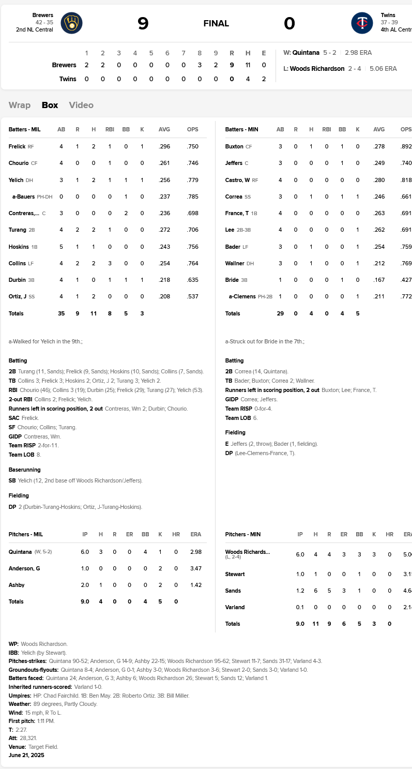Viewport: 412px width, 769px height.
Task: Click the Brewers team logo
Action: (71, 23)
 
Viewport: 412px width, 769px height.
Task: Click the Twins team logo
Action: (362, 23)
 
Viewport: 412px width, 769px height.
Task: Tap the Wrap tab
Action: (20, 105)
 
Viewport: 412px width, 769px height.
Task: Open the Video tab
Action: (81, 105)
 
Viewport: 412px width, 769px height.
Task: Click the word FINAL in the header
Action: (216, 23)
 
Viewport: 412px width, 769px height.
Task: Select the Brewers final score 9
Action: (143, 23)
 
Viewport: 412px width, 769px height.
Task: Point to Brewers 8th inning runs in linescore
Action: (200, 65)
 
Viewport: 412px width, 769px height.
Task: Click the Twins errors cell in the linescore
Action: (264, 79)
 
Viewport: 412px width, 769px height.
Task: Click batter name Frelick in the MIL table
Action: (17, 146)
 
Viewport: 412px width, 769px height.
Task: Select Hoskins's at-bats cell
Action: (61, 247)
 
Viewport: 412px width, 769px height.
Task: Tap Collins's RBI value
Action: (110, 263)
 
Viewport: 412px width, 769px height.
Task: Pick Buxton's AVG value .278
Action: (379, 146)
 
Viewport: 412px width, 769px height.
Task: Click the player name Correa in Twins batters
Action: (234, 197)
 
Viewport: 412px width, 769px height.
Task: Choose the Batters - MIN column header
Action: (241, 129)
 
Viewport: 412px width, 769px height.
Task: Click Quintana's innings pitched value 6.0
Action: (85, 552)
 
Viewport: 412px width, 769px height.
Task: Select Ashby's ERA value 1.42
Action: (195, 585)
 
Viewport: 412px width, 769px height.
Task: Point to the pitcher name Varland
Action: (235, 607)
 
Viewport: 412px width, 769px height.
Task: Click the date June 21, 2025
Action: (26, 755)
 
